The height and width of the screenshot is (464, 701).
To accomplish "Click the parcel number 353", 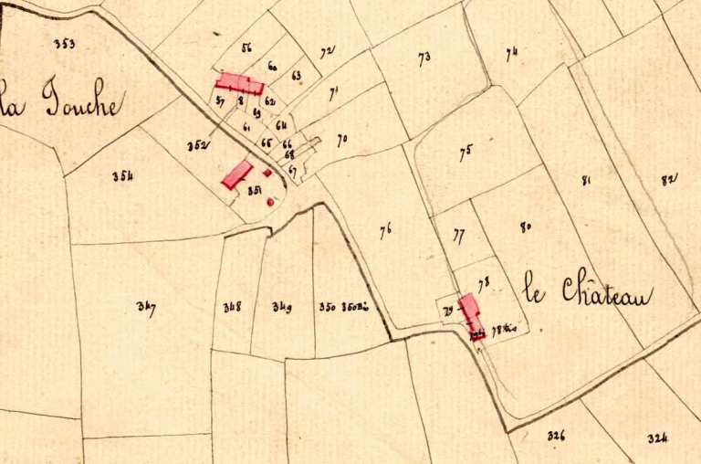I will [x=64, y=43].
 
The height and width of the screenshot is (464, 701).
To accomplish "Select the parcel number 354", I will [x=122, y=176].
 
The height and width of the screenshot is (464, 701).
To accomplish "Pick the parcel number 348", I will [x=232, y=307].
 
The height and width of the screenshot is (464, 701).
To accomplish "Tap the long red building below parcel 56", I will [x=239, y=85].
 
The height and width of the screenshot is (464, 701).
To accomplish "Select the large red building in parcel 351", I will [x=237, y=174].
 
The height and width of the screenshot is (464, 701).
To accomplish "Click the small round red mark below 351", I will [x=270, y=202].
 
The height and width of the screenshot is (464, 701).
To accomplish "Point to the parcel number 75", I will [x=466, y=153].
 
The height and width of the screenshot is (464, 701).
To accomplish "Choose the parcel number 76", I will [x=386, y=231].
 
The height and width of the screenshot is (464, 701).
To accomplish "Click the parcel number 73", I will [x=424, y=59].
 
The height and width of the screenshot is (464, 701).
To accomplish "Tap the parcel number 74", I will [x=511, y=53].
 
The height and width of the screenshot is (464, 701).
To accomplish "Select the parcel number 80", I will [x=525, y=227].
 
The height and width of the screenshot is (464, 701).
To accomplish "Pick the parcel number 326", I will [x=556, y=436].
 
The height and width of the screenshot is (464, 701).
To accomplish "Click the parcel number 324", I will [x=658, y=438].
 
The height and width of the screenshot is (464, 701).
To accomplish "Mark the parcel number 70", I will [x=342, y=141].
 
